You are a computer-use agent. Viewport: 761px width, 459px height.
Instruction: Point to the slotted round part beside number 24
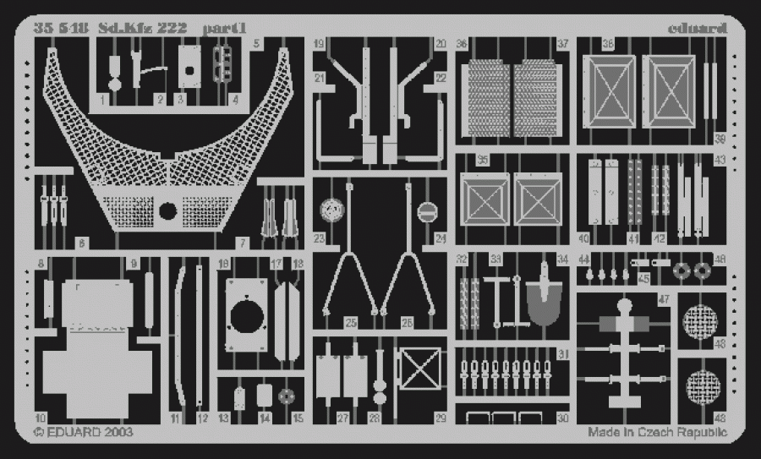tap(425, 210)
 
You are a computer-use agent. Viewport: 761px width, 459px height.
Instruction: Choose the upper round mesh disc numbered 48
tap(700, 321)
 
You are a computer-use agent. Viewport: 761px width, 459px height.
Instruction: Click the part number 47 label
tap(664, 299)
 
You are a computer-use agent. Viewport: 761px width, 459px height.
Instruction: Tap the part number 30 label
tap(563, 418)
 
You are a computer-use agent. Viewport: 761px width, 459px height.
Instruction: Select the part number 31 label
tap(563, 353)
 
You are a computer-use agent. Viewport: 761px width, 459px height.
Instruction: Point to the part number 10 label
tap(40, 418)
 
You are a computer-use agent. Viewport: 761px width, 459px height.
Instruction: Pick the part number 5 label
tap(256, 42)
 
